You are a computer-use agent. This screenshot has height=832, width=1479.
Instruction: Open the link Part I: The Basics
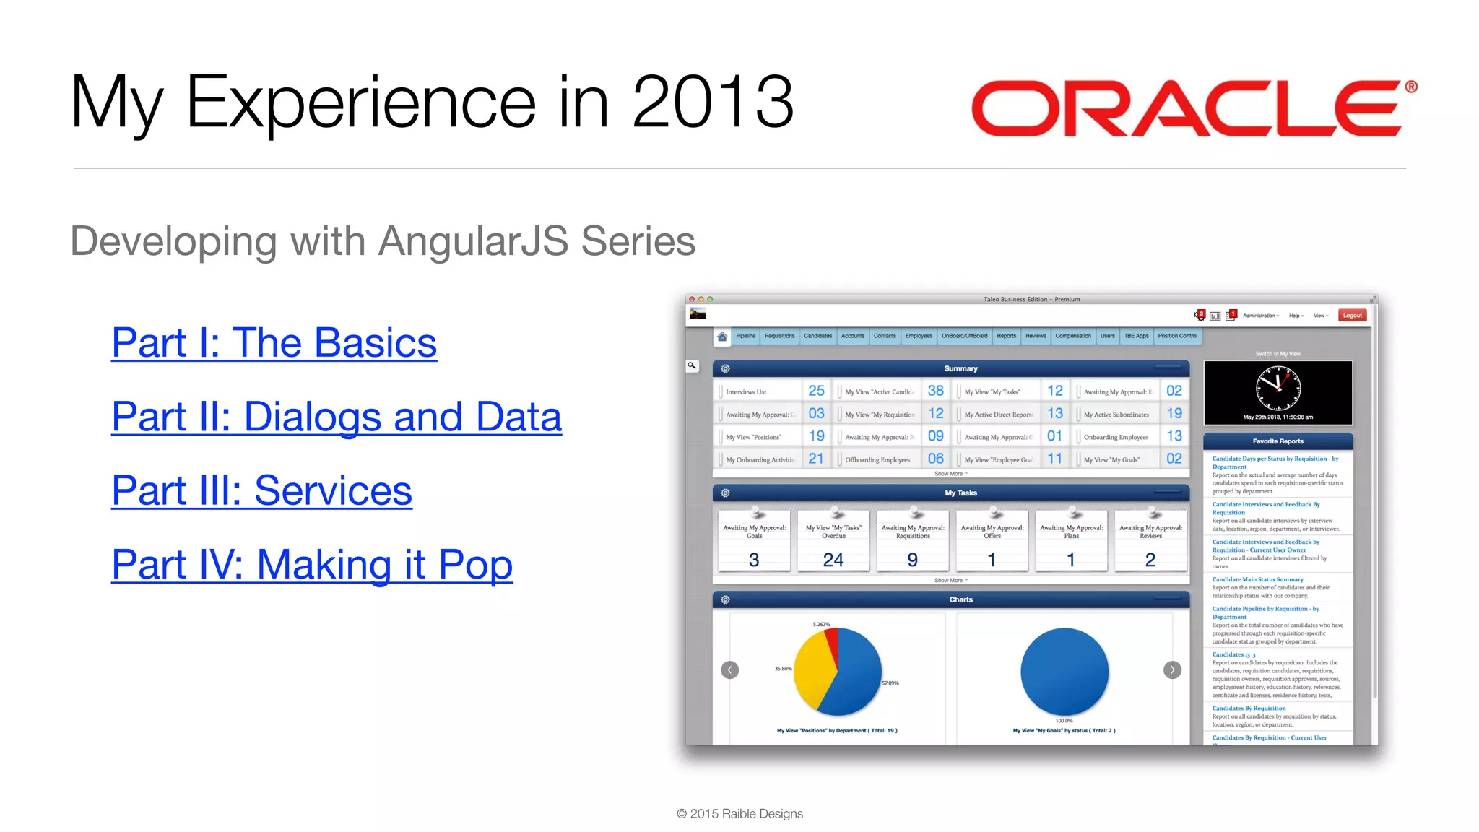pyautogui.click(x=274, y=343)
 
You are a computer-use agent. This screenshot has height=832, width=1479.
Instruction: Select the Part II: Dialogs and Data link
pyautogui.click(x=337, y=417)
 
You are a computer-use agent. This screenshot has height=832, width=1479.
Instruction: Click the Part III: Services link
pyautogui.click(x=261, y=491)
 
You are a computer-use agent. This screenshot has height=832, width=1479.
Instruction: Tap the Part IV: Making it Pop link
pyautogui.click(x=312, y=565)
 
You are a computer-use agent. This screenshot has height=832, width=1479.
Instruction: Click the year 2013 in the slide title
pyautogui.click(x=713, y=103)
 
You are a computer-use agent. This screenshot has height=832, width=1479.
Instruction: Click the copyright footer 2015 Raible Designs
pyautogui.click(x=739, y=814)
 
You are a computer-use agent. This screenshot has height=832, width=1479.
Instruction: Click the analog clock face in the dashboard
pyautogui.click(x=1278, y=388)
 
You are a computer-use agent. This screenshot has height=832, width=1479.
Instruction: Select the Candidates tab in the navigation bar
pyautogui.click(x=817, y=336)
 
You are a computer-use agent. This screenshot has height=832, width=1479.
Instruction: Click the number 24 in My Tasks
pyautogui.click(x=833, y=560)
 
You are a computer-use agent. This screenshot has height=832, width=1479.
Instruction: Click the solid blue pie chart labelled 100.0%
pyautogui.click(x=1064, y=672)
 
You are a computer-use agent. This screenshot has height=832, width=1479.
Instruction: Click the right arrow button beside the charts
pyautogui.click(x=1172, y=670)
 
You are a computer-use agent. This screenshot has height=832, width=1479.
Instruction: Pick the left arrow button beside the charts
pyautogui.click(x=729, y=670)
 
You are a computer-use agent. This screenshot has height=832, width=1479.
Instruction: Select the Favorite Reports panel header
pyautogui.click(x=1278, y=441)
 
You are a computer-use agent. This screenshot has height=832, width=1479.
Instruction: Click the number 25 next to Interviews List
pyautogui.click(x=816, y=391)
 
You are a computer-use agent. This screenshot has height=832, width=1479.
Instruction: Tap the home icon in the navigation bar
pyautogui.click(x=721, y=337)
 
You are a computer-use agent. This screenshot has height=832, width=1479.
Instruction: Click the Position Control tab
pyautogui.click(x=1177, y=336)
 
